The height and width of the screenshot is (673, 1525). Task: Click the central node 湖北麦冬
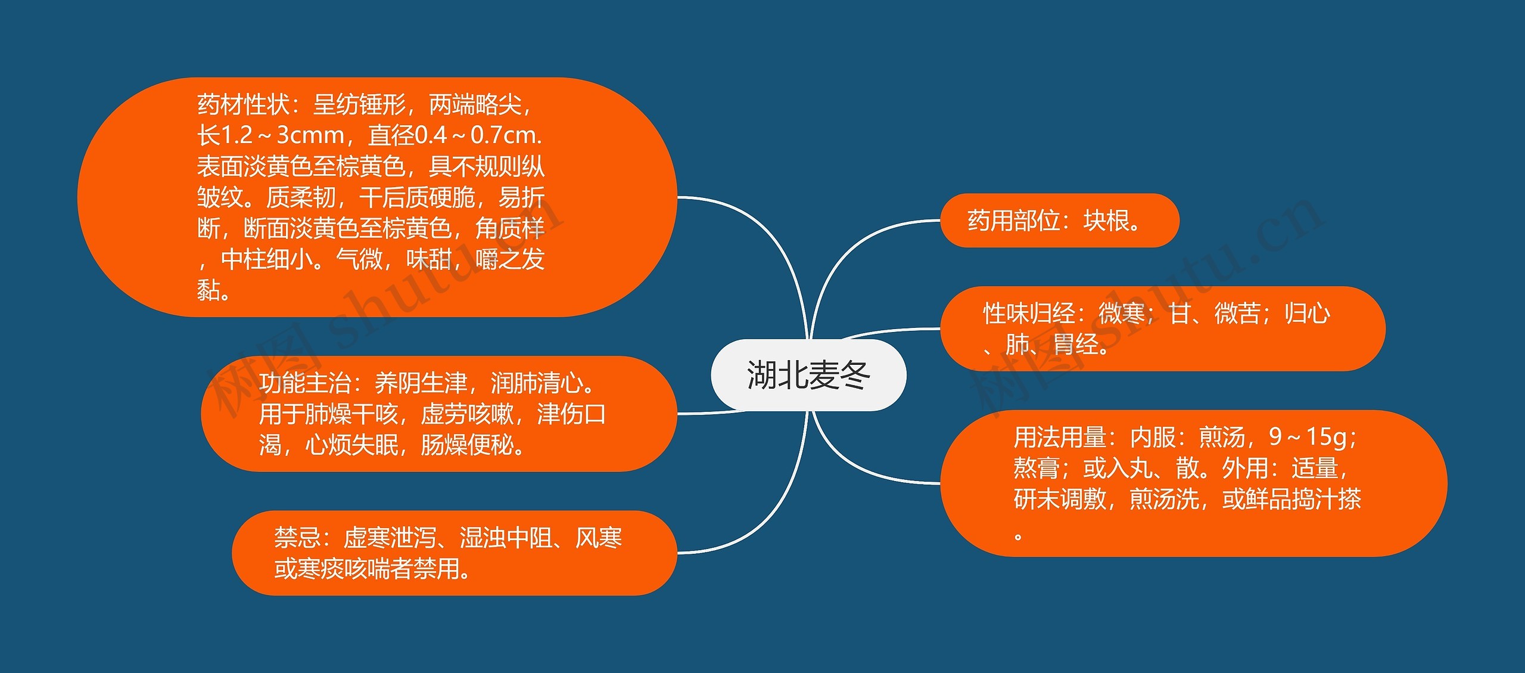click(808, 376)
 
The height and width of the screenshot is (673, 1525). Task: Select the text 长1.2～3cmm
click(270, 136)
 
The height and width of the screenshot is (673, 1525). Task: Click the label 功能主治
click(304, 383)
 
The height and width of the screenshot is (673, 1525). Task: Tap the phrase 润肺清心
click(536, 383)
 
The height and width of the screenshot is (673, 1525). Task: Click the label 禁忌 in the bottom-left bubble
click(297, 538)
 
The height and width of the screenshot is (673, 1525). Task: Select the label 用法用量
click(1060, 438)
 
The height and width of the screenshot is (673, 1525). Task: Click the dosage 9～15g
click(1307, 438)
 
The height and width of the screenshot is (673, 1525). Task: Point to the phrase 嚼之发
click(510, 260)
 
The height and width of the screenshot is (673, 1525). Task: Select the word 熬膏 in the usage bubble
click(1036, 469)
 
